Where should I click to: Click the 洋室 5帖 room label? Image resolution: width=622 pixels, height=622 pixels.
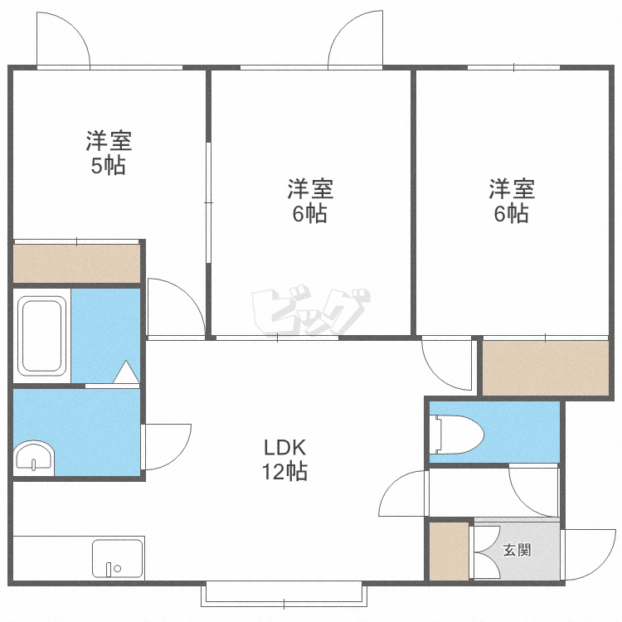click(x=109, y=153)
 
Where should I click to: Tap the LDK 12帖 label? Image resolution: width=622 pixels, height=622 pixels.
click(x=284, y=459)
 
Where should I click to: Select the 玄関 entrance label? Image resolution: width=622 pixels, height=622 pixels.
click(x=517, y=550)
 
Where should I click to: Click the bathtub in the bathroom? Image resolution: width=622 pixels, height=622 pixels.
click(x=41, y=336)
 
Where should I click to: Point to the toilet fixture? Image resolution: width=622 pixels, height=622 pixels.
click(x=459, y=435)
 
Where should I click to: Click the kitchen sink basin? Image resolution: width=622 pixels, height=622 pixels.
click(x=118, y=558)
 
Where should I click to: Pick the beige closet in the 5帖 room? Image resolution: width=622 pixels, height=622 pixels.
click(x=77, y=264)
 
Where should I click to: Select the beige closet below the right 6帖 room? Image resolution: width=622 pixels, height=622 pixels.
click(x=546, y=367)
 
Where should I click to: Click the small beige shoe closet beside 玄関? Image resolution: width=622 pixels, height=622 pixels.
click(x=449, y=551)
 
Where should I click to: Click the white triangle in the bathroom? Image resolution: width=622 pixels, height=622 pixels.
click(x=126, y=372)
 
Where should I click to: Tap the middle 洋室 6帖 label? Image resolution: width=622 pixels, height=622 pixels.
click(x=310, y=201)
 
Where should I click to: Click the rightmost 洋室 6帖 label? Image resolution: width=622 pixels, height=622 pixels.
click(x=512, y=201)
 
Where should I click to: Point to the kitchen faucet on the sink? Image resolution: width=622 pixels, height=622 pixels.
click(x=109, y=569)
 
